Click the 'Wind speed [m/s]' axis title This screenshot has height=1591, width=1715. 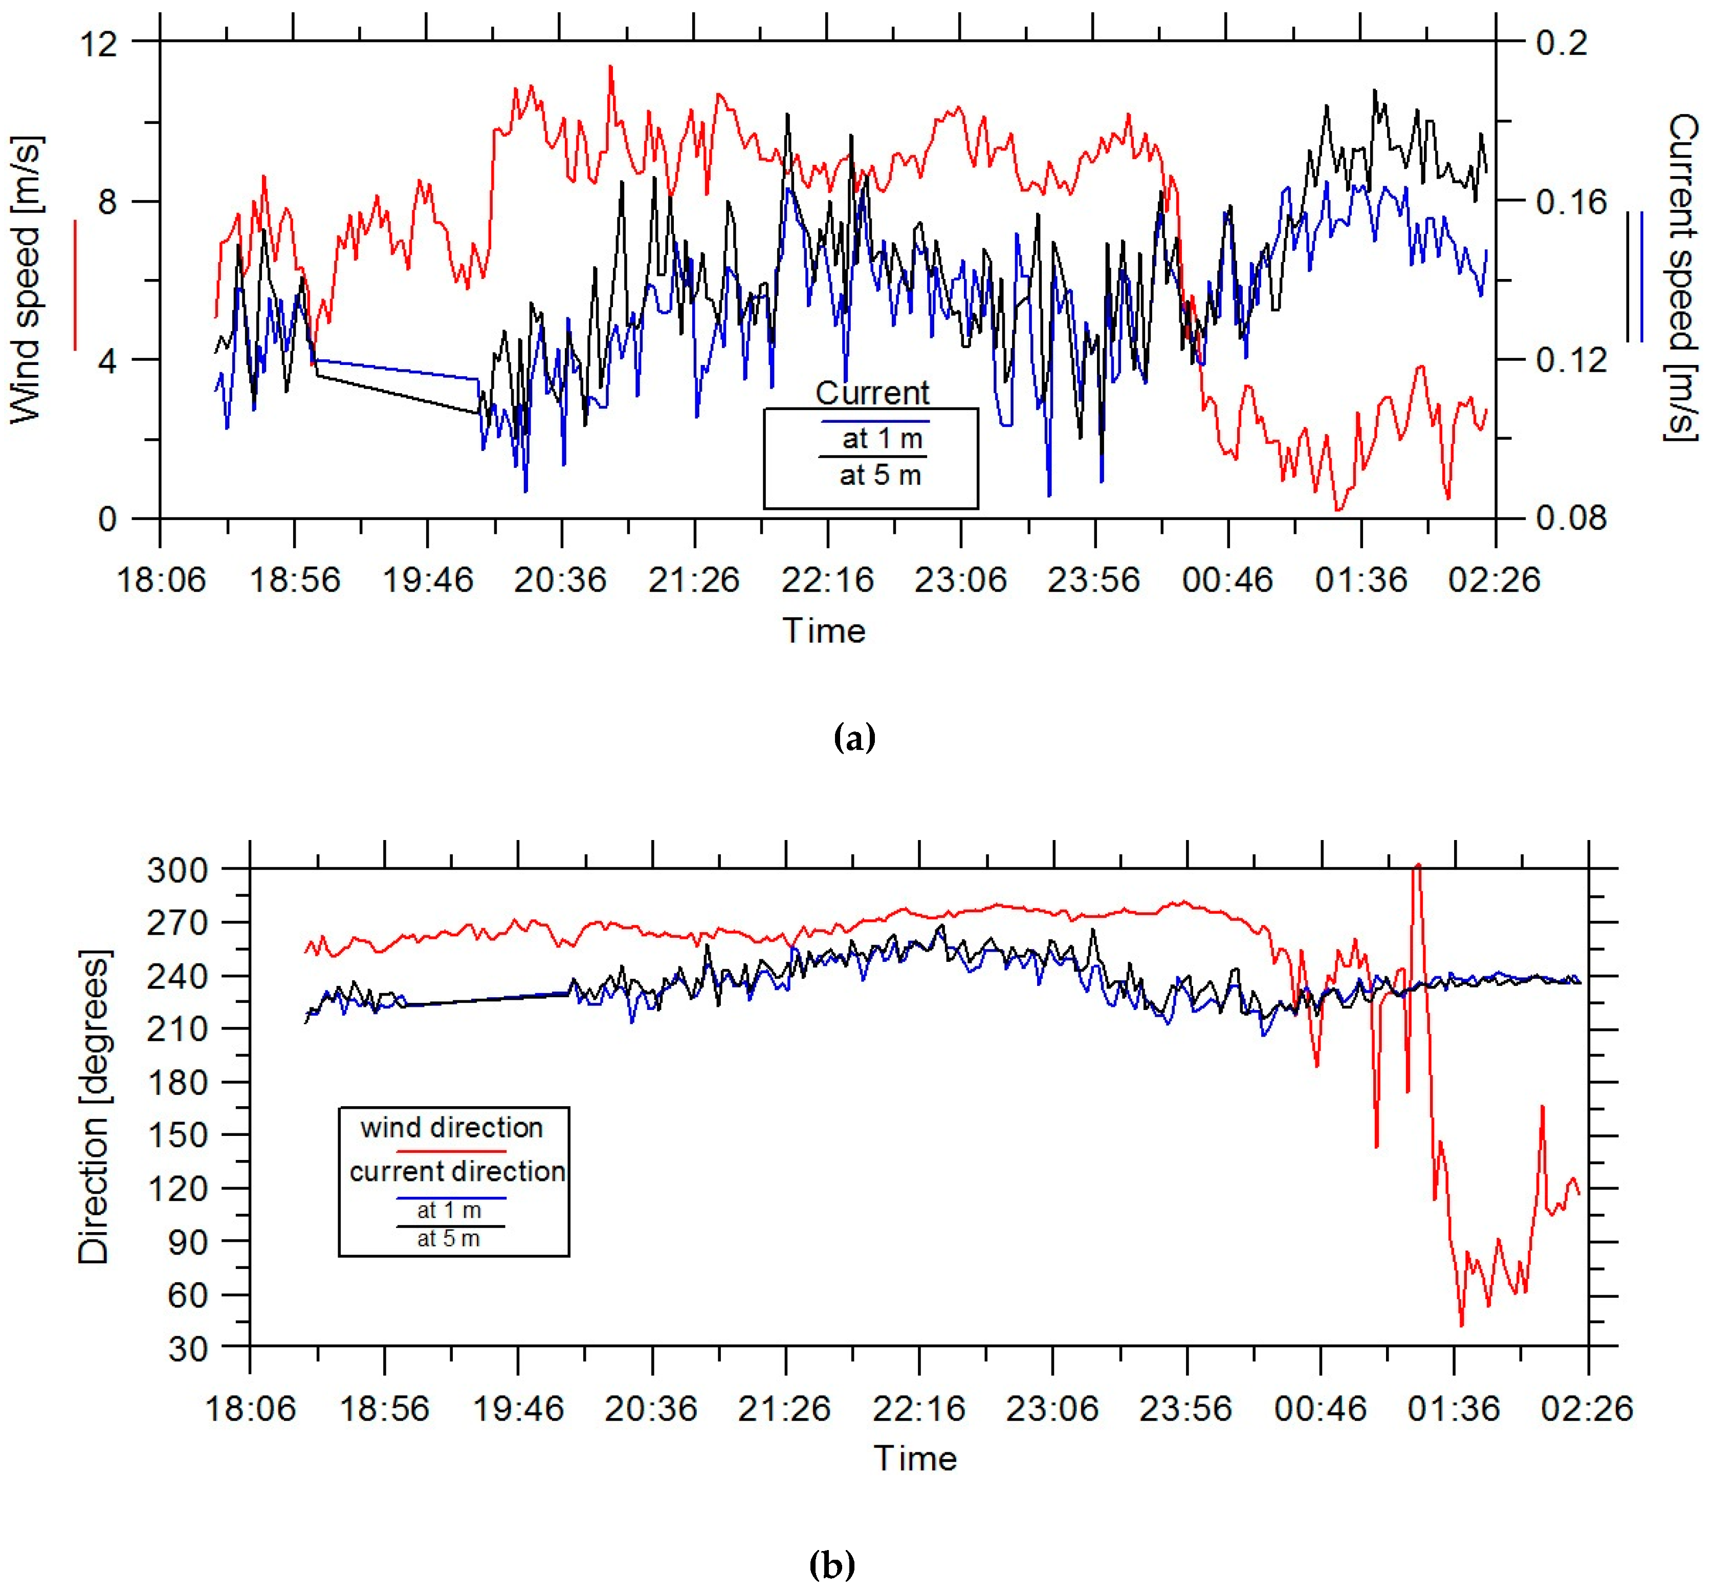tap(26, 280)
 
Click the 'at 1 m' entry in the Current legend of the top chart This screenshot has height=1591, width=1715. tap(882, 438)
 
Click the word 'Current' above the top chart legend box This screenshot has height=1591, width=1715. tap(872, 393)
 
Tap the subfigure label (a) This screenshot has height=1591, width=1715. tap(854, 738)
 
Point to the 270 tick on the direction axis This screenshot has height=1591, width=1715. tap(177, 922)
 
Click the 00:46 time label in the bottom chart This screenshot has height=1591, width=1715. tap(1319, 1408)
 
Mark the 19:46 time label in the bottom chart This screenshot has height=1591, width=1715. tap(518, 1408)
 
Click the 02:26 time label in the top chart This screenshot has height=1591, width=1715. tap(1494, 579)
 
